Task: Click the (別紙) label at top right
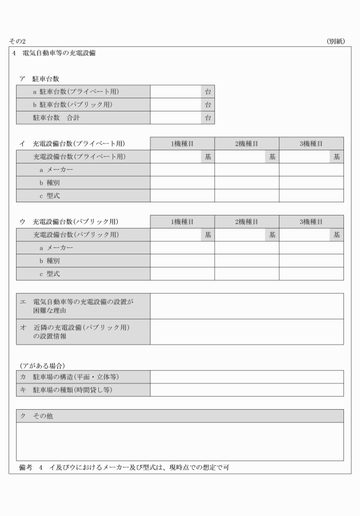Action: (x=335, y=42)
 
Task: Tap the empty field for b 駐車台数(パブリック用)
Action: (x=176, y=105)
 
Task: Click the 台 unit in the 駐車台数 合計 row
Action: (x=208, y=118)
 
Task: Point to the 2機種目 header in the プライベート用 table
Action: (x=247, y=143)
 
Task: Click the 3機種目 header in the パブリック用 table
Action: (x=311, y=222)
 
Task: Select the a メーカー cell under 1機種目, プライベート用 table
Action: (x=182, y=170)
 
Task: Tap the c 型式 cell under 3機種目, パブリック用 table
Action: (x=311, y=274)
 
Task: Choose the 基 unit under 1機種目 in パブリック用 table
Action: (x=208, y=235)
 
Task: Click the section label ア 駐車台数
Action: (x=39, y=79)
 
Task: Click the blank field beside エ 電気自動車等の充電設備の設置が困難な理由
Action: (x=247, y=306)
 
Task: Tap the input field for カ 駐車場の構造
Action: (x=247, y=377)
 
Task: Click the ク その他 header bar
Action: (x=179, y=415)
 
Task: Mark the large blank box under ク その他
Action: (x=179, y=442)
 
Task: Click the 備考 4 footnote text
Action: (x=123, y=468)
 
